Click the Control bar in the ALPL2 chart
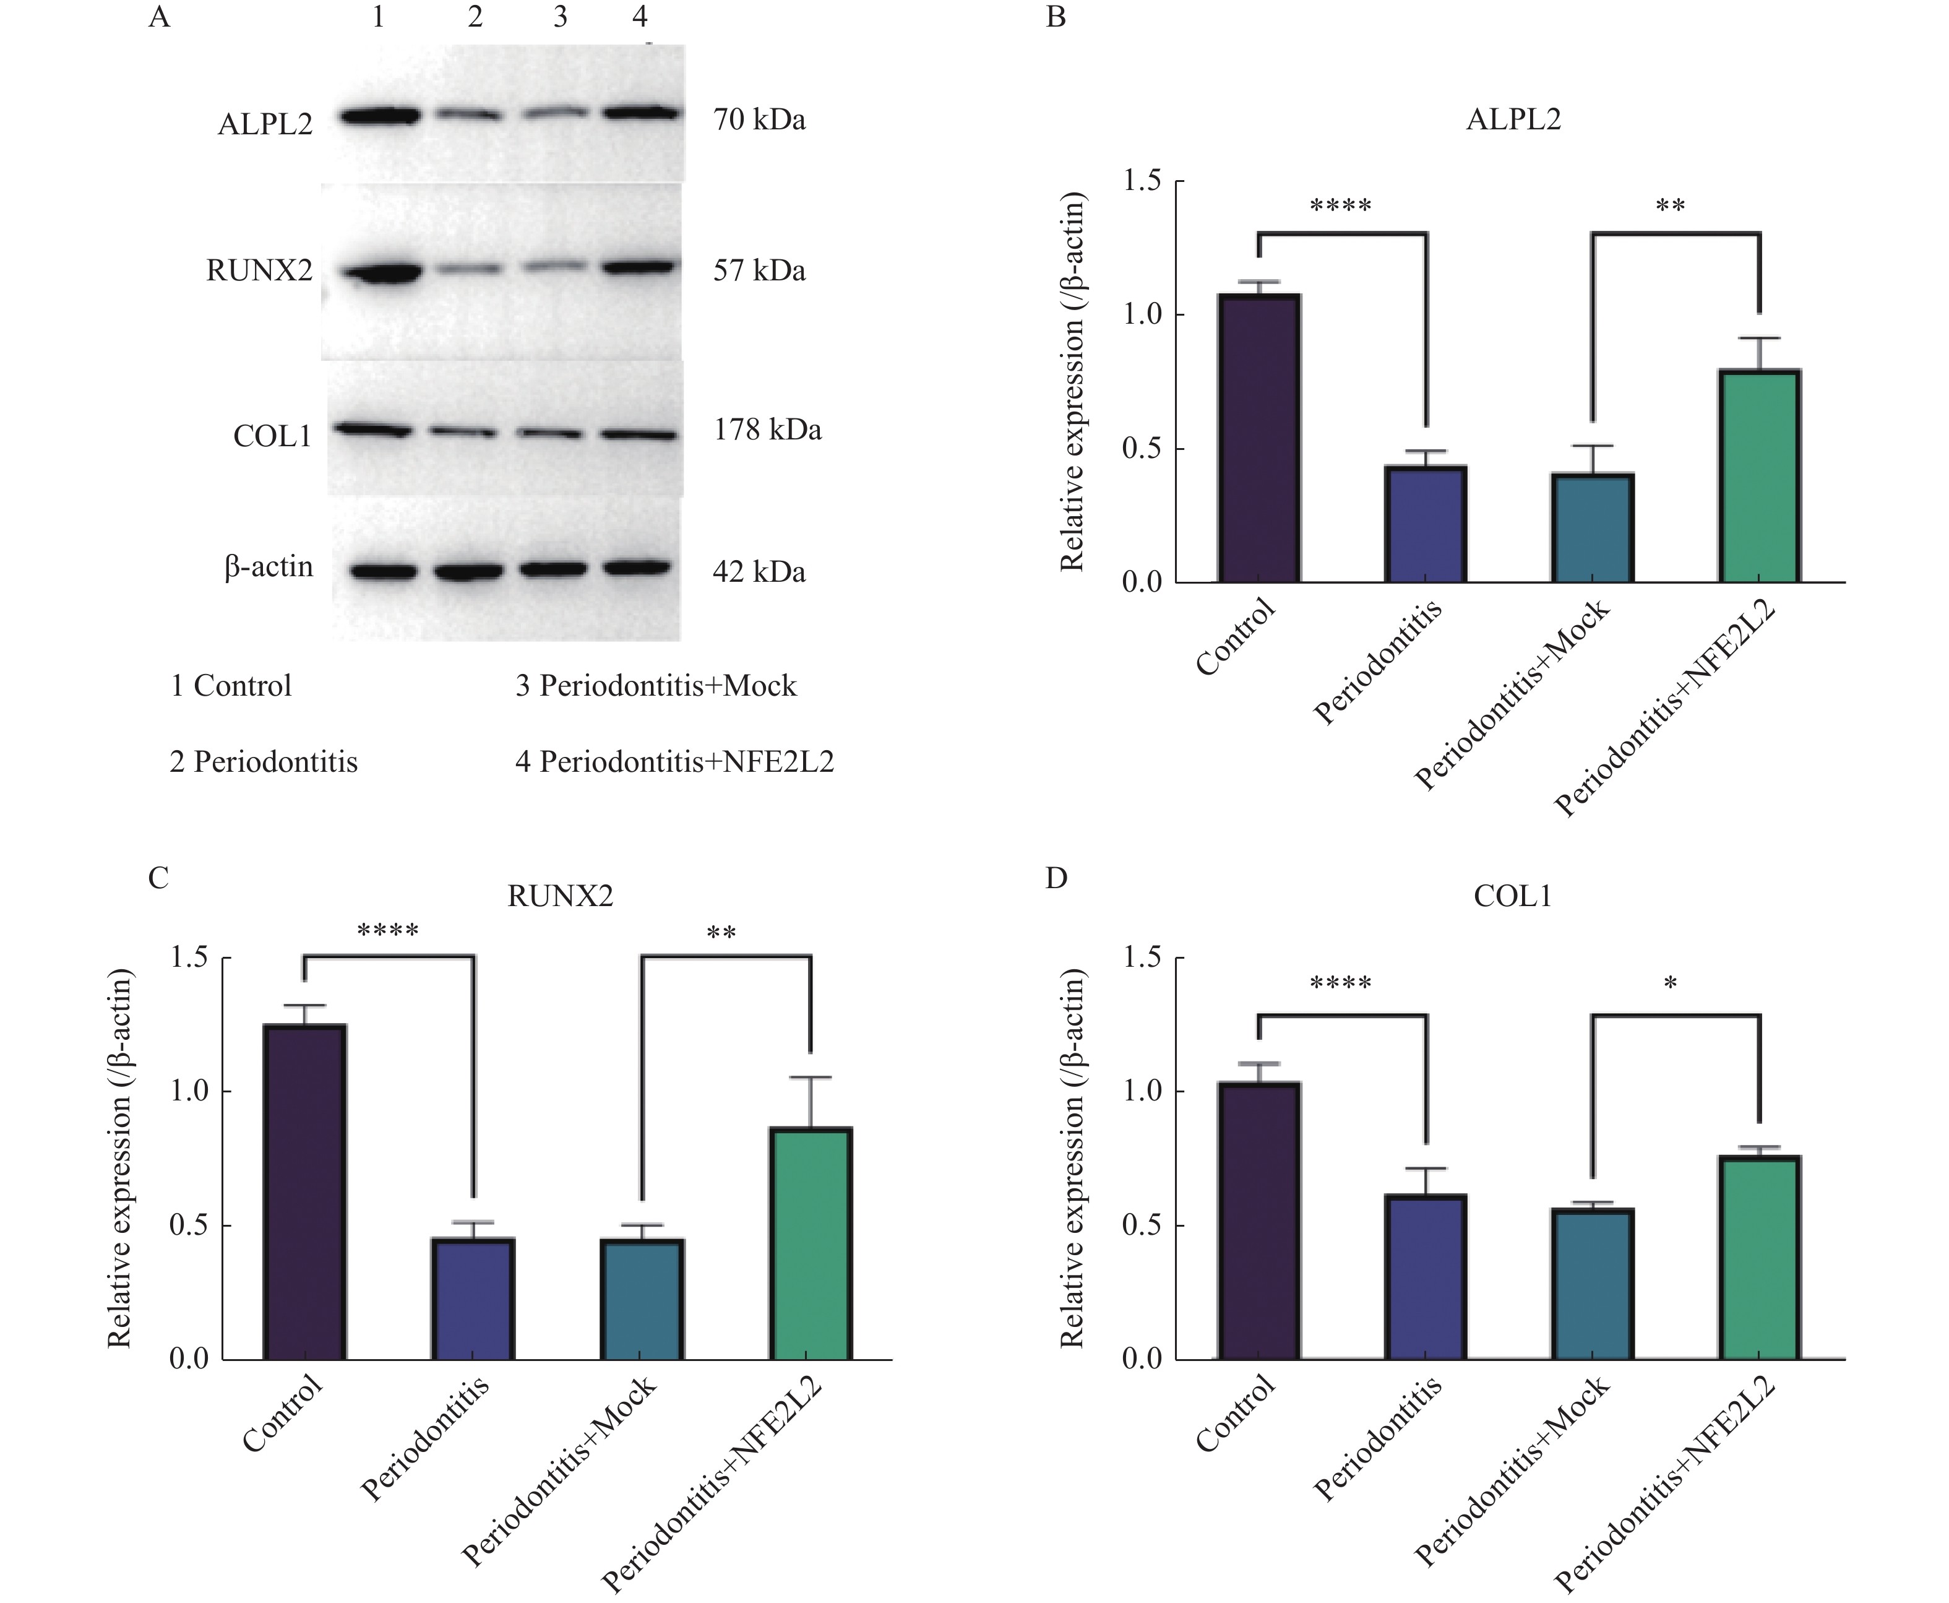pyautogui.click(x=1258, y=439)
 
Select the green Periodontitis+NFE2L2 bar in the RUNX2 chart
pyautogui.click(x=810, y=1243)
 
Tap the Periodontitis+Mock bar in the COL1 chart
pyautogui.click(x=1593, y=1284)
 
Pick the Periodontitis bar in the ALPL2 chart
pyautogui.click(x=1426, y=524)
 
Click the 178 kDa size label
pyautogui.click(x=767, y=430)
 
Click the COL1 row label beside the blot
pyautogui.click(x=272, y=436)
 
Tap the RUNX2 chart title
pyautogui.click(x=559, y=896)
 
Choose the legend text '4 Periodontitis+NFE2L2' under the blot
pyautogui.click(x=674, y=762)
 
